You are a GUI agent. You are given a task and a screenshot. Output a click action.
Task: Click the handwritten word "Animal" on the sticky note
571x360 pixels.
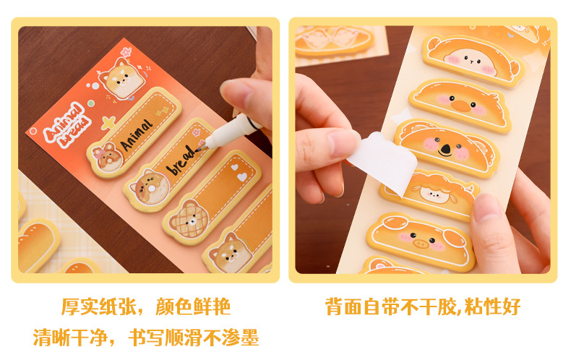pyautogui.click(x=136, y=134)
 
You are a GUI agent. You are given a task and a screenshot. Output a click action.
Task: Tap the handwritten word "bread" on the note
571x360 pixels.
pyautogui.click(x=181, y=160)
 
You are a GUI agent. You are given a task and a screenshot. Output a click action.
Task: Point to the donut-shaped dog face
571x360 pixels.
pyautogui.click(x=150, y=188)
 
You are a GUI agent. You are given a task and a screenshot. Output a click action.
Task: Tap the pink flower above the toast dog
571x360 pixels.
pyautogui.click(x=126, y=52)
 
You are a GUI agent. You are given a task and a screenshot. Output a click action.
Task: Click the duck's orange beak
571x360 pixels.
pyautogui.click(x=460, y=106)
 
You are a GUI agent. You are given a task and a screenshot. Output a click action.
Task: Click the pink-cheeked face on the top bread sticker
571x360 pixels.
pyautogui.click(x=471, y=60)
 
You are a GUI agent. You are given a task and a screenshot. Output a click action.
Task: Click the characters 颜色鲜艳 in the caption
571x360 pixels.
pyautogui.click(x=193, y=307)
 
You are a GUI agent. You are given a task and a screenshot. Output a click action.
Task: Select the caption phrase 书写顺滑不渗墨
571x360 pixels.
pyautogui.click(x=194, y=338)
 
